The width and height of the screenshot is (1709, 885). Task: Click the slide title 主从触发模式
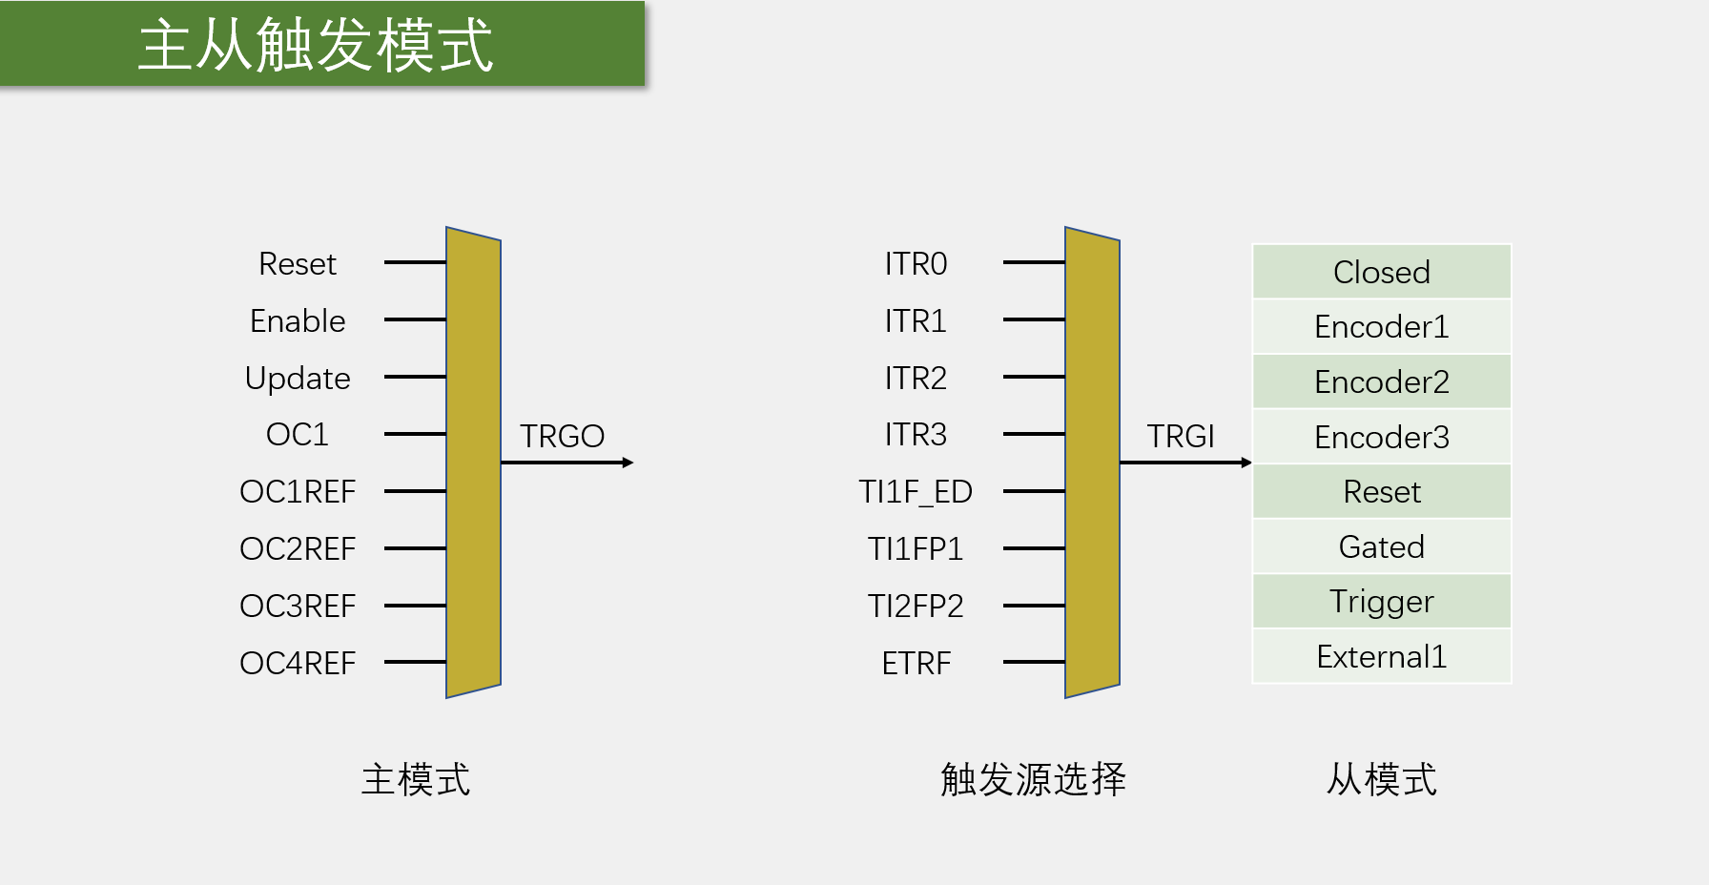316,45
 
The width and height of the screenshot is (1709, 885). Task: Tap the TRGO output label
562,436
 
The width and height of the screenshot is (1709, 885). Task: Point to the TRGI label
1181,436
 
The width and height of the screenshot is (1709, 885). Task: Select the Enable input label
298,320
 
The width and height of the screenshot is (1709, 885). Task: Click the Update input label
298,379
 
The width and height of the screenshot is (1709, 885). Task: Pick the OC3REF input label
298,606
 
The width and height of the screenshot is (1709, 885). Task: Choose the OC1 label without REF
298,435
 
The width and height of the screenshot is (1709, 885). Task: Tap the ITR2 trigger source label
916,379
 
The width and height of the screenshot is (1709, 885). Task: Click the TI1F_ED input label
916,491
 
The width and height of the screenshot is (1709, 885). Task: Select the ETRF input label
916,663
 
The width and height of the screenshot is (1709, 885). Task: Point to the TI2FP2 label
916,606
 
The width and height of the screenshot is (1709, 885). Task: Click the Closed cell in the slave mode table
1381,272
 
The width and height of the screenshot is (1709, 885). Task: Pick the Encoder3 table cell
1381,437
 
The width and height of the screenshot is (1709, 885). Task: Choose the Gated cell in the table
1381,546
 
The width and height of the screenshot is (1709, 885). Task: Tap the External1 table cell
1381,656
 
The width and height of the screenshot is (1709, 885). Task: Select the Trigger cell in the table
1381,602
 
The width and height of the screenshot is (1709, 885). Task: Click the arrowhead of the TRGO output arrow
628,463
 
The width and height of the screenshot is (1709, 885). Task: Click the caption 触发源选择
1033,779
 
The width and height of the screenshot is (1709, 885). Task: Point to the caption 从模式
1381,779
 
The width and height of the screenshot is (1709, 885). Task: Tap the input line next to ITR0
1034,262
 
